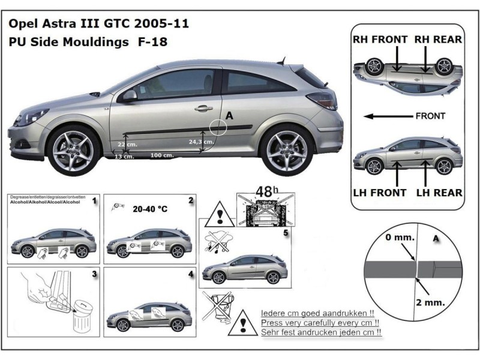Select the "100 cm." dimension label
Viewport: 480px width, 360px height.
162,155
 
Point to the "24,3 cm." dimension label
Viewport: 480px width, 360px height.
200,142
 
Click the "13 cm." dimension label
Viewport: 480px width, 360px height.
123,156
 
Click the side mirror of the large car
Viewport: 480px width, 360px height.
130,96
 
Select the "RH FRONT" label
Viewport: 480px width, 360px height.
380,40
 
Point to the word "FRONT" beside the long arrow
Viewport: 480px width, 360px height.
430,116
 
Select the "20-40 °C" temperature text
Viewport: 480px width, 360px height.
145,211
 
